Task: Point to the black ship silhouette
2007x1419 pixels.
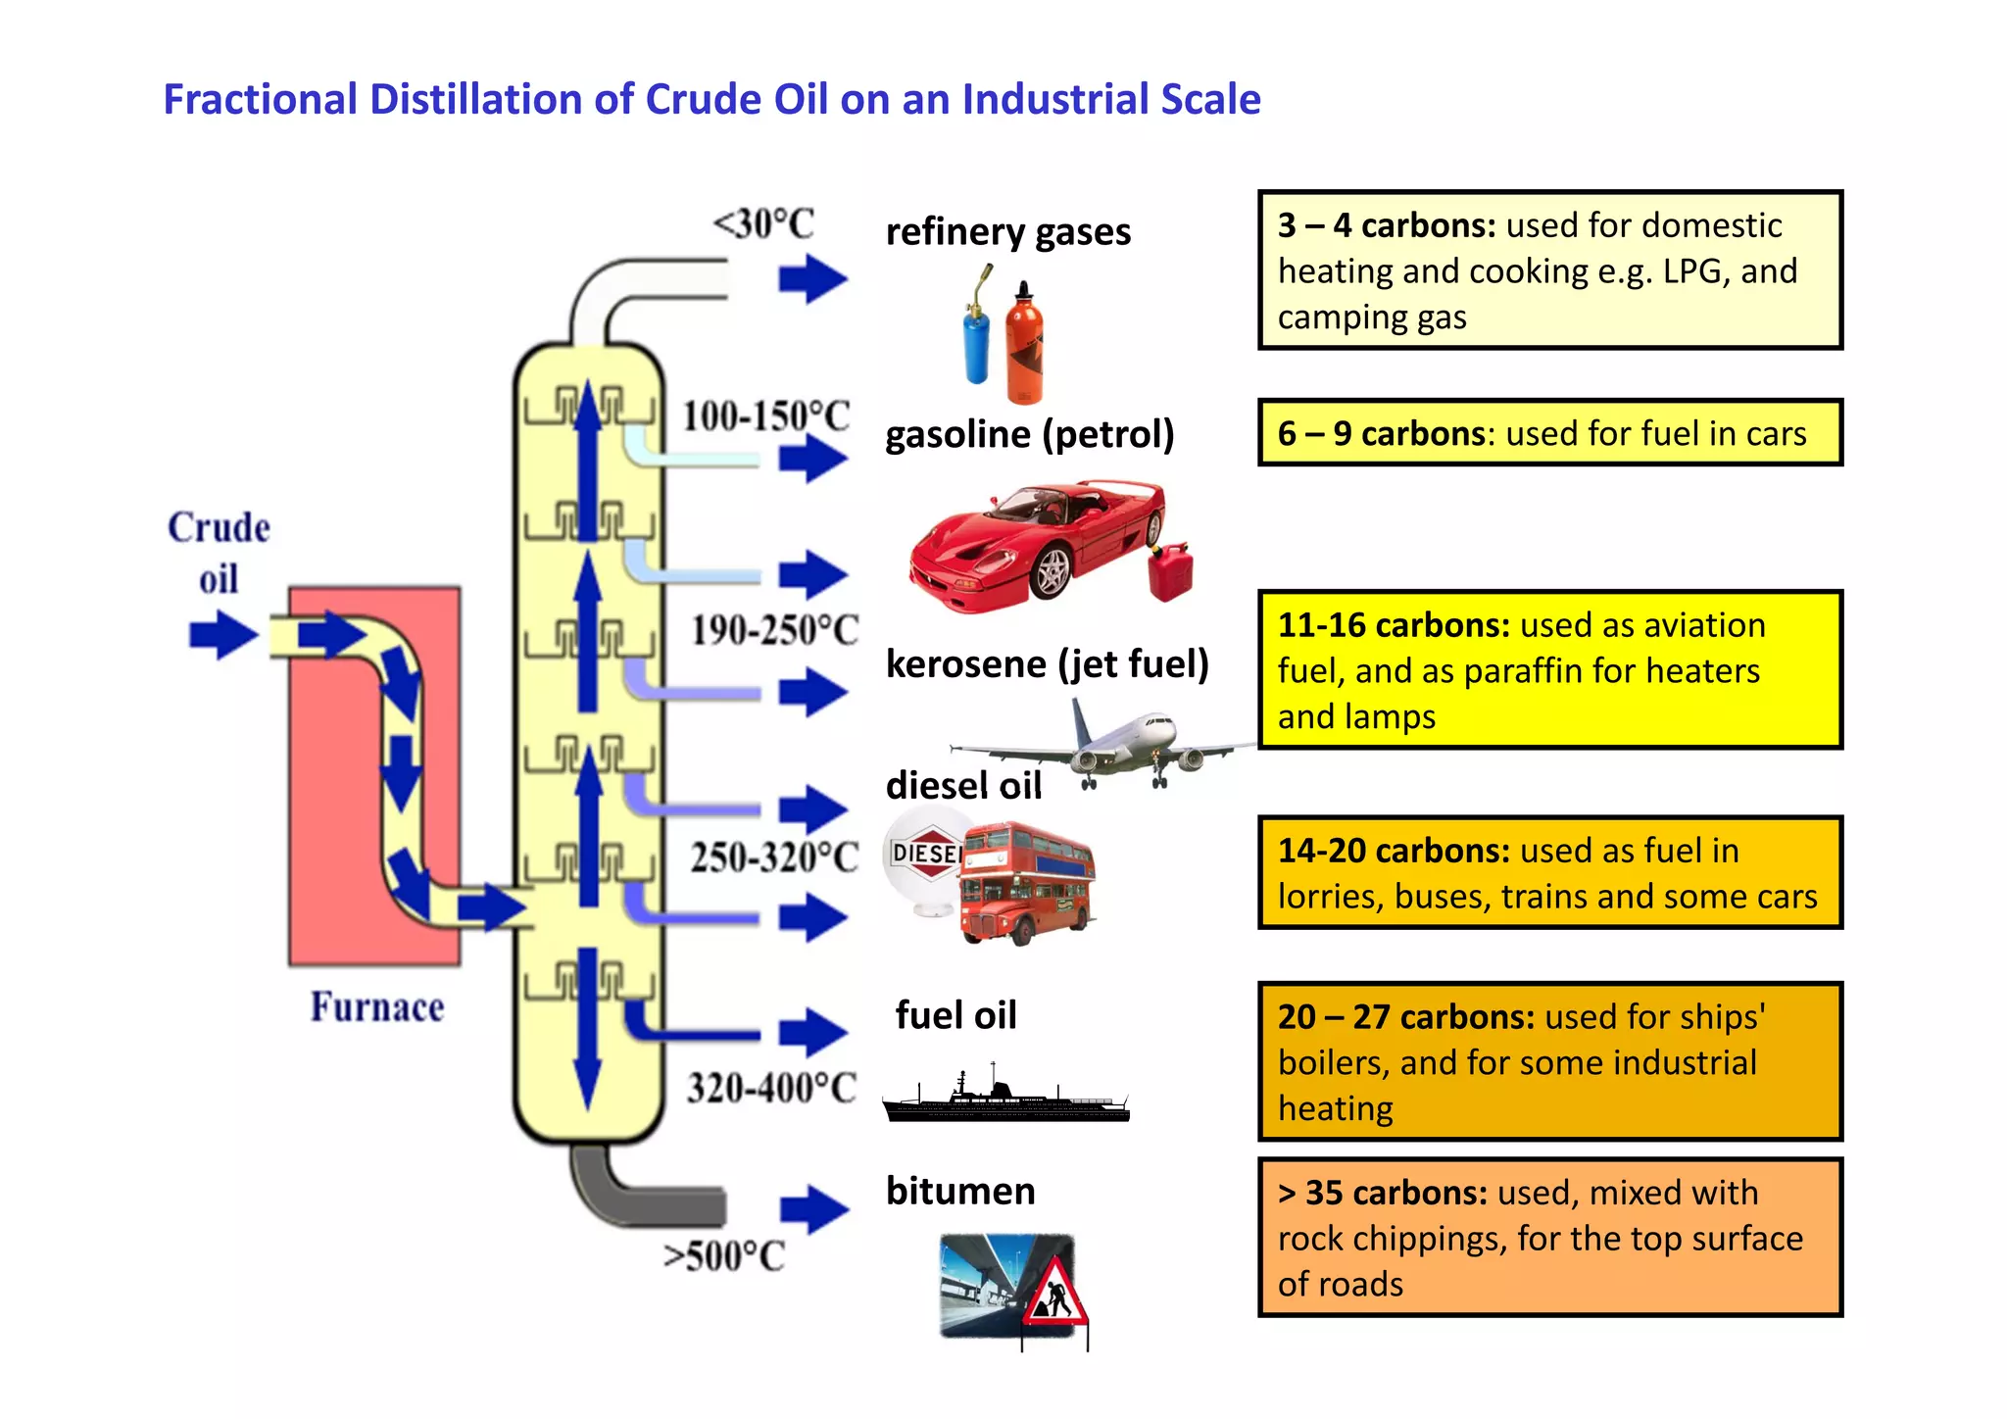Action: [1005, 1099]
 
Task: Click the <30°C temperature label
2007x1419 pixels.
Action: [763, 224]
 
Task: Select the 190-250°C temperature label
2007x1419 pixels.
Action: [774, 630]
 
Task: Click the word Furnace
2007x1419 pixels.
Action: [377, 1007]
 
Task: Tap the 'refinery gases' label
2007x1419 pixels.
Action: [1007, 232]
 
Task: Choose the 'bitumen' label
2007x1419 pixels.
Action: [960, 1192]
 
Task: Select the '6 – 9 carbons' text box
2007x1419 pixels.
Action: [1549, 433]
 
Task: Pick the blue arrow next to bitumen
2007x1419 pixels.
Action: [813, 1209]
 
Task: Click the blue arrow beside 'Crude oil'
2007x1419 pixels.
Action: [223, 634]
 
